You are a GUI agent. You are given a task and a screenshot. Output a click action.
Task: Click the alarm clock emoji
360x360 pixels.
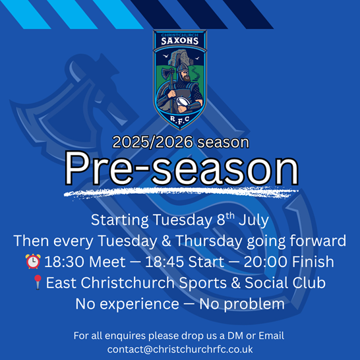(x=33, y=261)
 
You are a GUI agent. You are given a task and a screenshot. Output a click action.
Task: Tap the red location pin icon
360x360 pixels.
(x=38, y=282)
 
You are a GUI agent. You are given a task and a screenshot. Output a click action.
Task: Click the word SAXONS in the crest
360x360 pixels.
(x=180, y=41)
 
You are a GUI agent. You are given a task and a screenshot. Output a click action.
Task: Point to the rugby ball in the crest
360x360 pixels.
(x=183, y=102)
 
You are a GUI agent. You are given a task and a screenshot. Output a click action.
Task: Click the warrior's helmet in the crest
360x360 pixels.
(x=182, y=68)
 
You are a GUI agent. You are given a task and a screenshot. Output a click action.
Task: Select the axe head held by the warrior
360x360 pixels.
(x=168, y=73)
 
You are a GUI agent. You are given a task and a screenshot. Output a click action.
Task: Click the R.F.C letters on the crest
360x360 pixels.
(x=180, y=119)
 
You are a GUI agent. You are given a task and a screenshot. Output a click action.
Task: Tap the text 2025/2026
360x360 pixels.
(x=153, y=142)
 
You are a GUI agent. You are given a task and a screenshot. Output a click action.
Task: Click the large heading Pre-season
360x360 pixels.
(x=181, y=168)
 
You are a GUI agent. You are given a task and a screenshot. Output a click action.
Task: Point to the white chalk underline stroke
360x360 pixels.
(x=181, y=193)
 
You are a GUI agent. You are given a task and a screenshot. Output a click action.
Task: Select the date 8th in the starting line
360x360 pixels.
(x=225, y=220)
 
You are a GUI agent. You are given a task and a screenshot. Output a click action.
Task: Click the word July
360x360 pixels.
(x=254, y=220)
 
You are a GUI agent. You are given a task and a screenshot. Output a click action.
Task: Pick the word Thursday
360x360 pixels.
(x=209, y=241)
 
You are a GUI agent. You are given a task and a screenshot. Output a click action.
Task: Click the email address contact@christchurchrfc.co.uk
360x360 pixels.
(x=180, y=349)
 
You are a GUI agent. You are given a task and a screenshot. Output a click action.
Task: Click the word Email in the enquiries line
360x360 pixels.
(x=272, y=336)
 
